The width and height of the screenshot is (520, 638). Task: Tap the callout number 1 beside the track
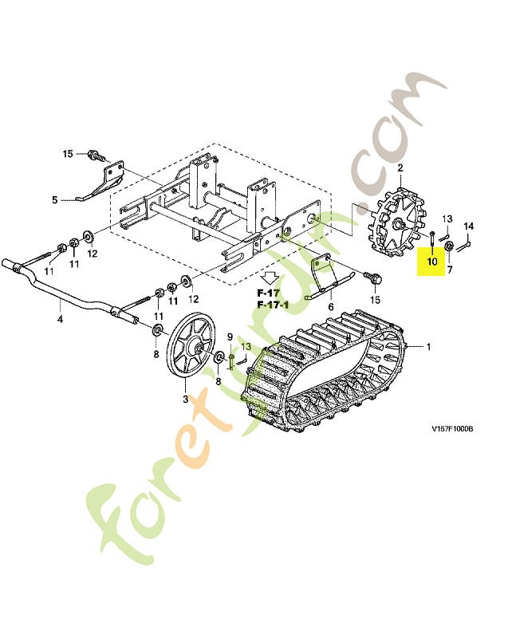[x=427, y=347]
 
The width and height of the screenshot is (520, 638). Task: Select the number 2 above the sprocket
[x=400, y=167]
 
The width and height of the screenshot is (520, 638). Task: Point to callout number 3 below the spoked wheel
[x=185, y=399]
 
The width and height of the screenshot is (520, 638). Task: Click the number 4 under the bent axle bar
[x=60, y=320]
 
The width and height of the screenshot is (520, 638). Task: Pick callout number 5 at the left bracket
[x=330, y=305]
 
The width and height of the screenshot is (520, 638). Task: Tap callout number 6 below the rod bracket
[x=449, y=270]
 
